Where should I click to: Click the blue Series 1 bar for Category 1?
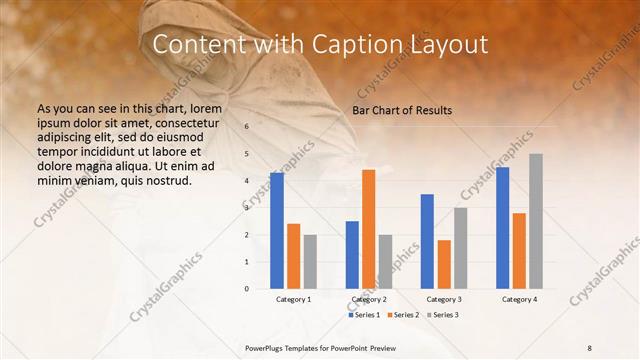coord(276,231)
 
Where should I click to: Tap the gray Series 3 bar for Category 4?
coord(536,221)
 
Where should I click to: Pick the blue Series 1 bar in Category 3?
coord(427,241)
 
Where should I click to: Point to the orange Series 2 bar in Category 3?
coord(444,264)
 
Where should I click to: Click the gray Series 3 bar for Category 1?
coord(310,261)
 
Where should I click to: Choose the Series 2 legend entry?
coord(403,315)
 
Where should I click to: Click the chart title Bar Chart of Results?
coord(402,110)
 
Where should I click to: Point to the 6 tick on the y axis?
coord(246,127)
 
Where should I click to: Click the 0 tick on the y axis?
coord(246,289)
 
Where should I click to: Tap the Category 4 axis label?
coord(519,299)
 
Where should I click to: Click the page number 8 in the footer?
coord(589,347)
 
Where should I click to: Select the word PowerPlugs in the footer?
coord(266,347)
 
